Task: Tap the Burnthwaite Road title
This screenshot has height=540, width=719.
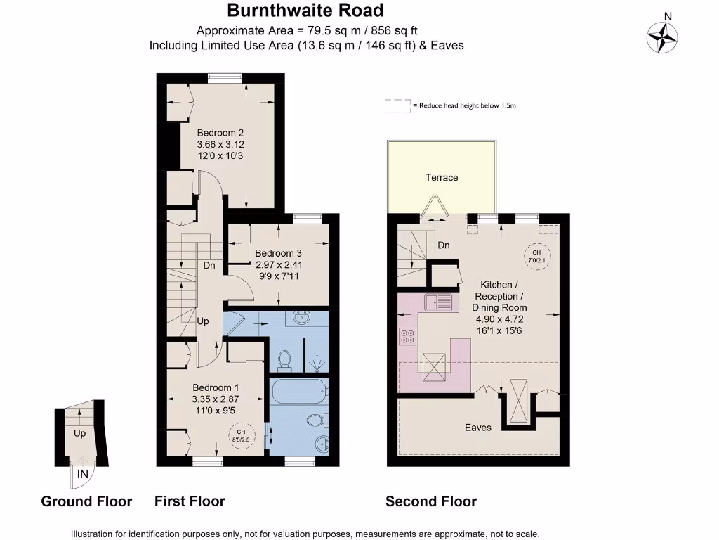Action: point(305,11)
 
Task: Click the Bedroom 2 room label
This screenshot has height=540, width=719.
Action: point(220,132)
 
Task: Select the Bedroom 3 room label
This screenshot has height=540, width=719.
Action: point(278,253)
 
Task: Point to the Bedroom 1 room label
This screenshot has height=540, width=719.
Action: point(216,387)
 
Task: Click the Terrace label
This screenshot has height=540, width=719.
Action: point(442,177)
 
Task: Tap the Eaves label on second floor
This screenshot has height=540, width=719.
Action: point(478,427)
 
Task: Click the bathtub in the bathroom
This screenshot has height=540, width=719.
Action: point(298,391)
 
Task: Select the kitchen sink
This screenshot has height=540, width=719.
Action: point(440,302)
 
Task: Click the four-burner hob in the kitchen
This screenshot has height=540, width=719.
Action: point(408,336)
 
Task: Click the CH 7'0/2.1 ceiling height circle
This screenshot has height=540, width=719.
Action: point(536,256)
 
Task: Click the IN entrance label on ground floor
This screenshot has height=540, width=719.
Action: point(83,474)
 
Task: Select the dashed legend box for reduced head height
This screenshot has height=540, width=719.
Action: point(397,106)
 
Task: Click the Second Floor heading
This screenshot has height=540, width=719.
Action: point(431,501)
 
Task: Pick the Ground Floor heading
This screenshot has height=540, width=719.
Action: point(86,501)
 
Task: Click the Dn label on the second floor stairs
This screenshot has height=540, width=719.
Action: point(443,245)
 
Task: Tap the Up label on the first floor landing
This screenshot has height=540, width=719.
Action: point(203,321)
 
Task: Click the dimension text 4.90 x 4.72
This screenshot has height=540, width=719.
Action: point(499,319)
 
